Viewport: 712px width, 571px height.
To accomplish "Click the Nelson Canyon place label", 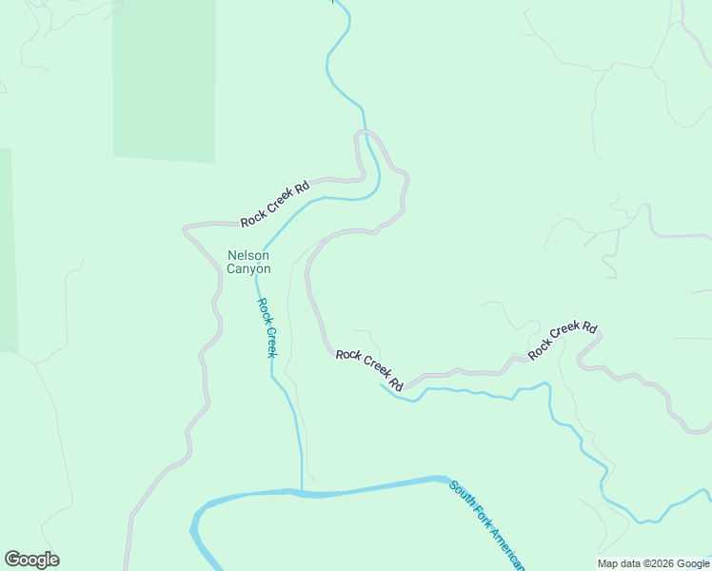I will (248, 262).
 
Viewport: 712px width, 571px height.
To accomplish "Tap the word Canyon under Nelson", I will (248, 269).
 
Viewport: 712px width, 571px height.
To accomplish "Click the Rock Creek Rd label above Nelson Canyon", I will (275, 205).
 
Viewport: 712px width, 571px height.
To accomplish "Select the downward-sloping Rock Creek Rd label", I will (369, 368).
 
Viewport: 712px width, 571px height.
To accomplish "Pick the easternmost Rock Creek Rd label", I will (563, 340).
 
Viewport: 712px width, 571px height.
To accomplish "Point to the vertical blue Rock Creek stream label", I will (267, 327).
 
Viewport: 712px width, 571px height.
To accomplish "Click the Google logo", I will (31, 560).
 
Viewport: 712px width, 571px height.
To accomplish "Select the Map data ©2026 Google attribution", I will (653, 563).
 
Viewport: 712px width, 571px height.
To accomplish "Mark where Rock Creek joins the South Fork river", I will (302, 492).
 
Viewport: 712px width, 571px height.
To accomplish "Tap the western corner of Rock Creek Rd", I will (186, 228).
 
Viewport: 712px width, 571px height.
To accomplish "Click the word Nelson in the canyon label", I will (248, 255).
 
